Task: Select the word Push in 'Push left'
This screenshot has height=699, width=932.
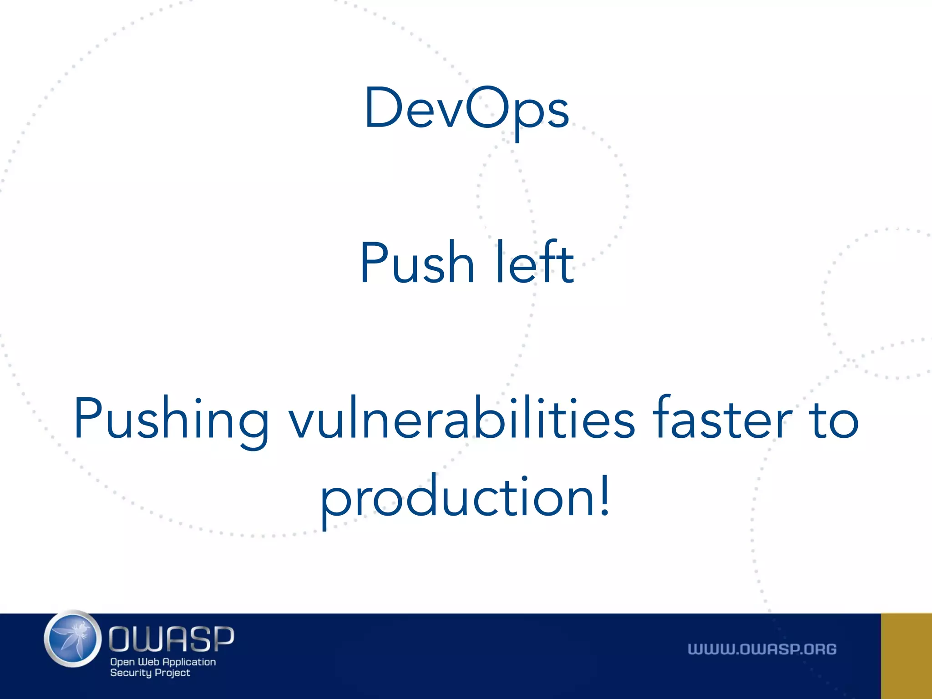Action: click(x=417, y=263)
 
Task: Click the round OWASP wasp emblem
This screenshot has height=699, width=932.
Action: click(x=73, y=639)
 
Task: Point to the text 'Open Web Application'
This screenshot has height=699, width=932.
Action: click(x=163, y=662)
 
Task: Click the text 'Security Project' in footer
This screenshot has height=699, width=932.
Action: click(x=150, y=673)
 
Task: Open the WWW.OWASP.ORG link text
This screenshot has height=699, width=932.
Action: click(x=762, y=649)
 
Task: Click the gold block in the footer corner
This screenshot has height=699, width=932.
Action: click(x=907, y=656)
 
